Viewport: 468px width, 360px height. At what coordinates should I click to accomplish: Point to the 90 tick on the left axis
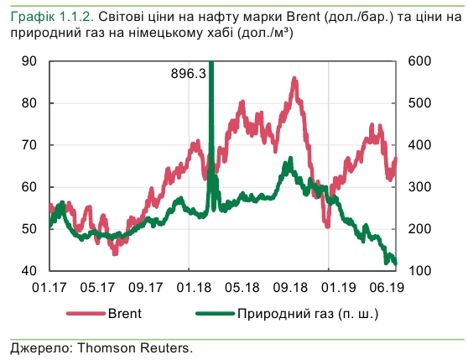coord(29,61)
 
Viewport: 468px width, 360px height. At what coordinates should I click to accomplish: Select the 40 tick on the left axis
coord(29,271)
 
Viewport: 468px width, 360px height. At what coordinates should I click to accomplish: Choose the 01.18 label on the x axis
coord(195,287)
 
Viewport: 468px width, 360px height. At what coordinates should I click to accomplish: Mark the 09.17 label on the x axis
coord(147,287)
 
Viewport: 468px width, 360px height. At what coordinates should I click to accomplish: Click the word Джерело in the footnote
coord(36,346)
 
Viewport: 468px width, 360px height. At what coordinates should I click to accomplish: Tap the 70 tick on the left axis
coord(29,145)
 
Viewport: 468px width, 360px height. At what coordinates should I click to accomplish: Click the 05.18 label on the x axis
coord(242,287)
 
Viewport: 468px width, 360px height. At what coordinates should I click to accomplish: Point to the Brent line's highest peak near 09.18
coord(294,79)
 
